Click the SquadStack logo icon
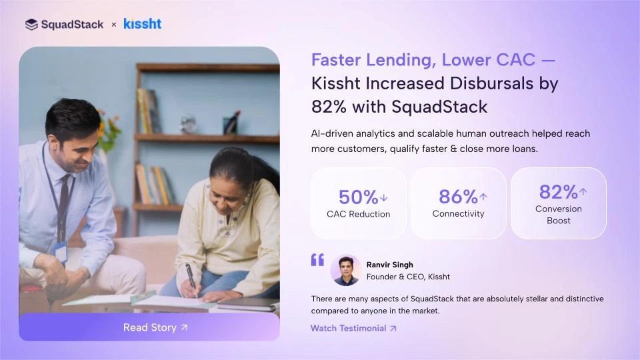click(x=31, y=25)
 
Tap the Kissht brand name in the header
click(x=142, y=24)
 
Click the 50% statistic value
click(x=359, y=197)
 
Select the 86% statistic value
click(x=458, y=197)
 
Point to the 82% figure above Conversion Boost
click(x=558, y=192)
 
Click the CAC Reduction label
click(x=359, y=214)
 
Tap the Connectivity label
click(x=458, y=214)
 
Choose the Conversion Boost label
click(x=559, y=215)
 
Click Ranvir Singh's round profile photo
click(x=345, y=270)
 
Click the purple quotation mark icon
click(x=317, y=259)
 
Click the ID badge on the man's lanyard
click(x=61, y=253)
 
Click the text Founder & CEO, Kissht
click(x=408, y=277)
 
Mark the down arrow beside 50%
click(x=383, y=197)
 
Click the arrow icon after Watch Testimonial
click(x=393, y=328)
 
